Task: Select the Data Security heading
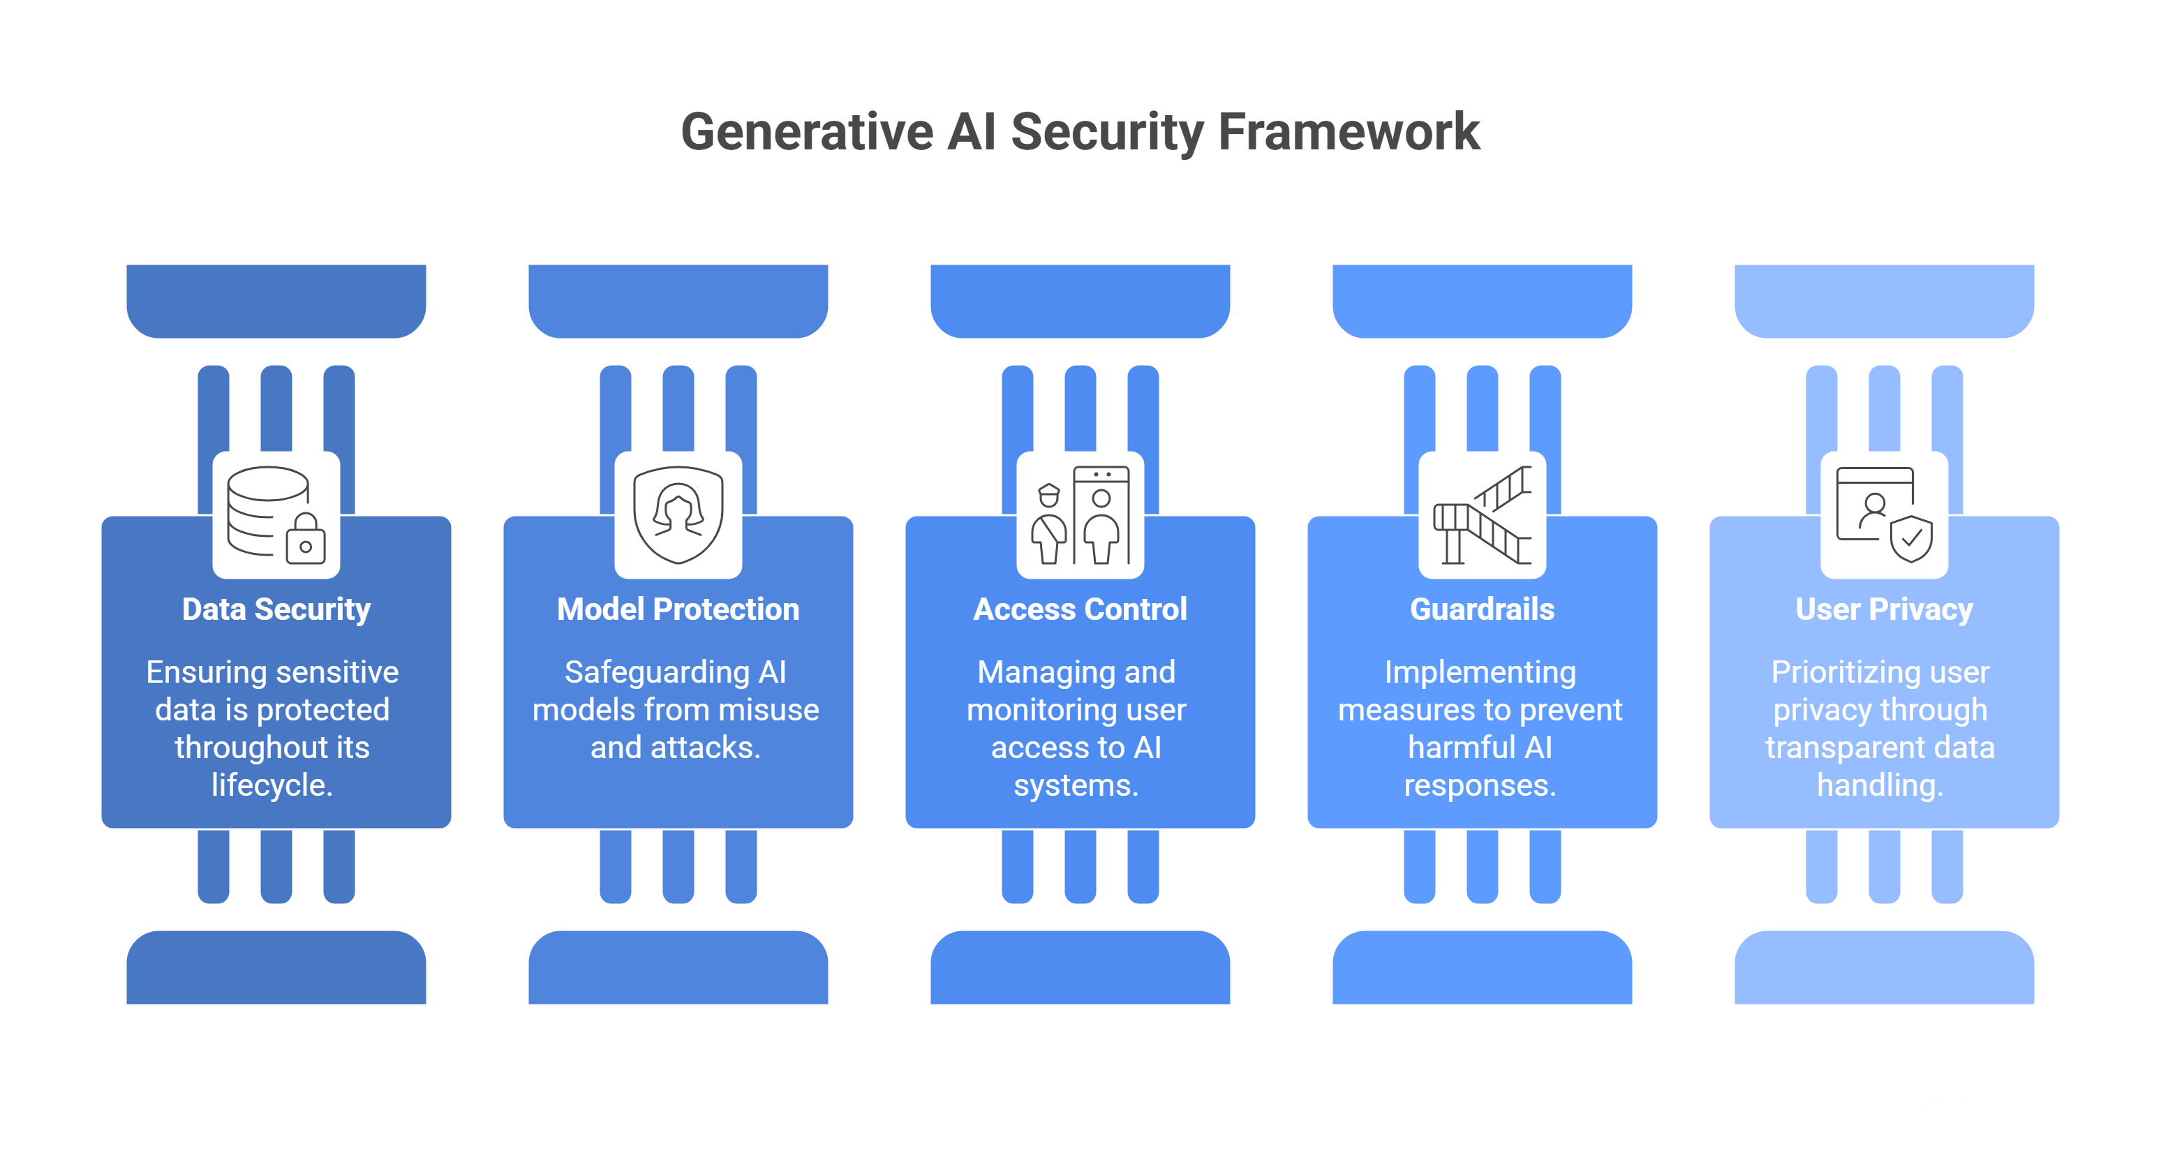click(276, 609)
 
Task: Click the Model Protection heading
click(678, 609)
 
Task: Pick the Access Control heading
click(1080, 609)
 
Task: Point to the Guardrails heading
click(1481, 609)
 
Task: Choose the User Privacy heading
click(1883, 609)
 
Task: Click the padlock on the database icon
click(305, 540)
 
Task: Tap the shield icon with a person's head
click(678, 514)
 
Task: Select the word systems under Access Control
click(1075, 785)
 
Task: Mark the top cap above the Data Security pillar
click(276, 300)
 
